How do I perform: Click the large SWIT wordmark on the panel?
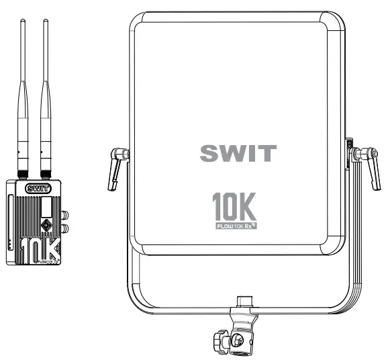[238, 152]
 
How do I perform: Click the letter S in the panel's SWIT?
[210, 152]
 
